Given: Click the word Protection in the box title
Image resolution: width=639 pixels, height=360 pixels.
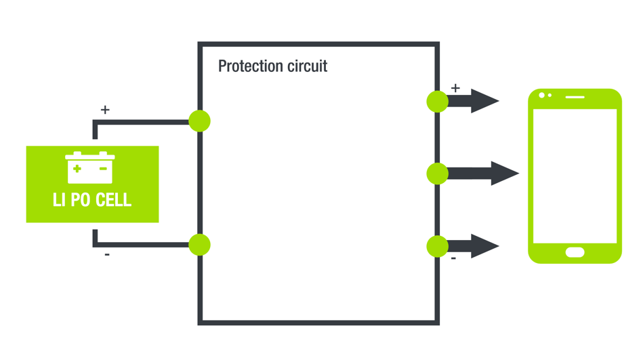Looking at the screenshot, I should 249,66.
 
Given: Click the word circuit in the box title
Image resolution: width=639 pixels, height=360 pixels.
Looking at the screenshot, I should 306,66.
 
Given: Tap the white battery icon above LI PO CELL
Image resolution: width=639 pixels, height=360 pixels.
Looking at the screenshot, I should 90,167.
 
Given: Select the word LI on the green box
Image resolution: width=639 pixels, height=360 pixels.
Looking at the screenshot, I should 59,201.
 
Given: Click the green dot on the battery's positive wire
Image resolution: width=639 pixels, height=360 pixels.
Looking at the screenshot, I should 199,121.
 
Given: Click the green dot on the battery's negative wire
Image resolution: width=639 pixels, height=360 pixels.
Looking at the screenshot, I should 199,245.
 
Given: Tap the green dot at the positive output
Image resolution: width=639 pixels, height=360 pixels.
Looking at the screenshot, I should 438,102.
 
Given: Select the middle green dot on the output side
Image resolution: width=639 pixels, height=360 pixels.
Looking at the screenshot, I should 438,174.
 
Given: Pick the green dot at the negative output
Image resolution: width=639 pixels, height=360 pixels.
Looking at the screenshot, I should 438,246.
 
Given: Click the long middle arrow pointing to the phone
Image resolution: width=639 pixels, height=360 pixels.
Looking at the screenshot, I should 485,174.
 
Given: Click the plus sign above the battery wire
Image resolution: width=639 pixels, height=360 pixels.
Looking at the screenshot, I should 105,109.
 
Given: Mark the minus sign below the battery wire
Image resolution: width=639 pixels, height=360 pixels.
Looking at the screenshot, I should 107,255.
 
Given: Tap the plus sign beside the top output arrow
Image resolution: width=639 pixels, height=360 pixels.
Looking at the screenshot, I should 455,88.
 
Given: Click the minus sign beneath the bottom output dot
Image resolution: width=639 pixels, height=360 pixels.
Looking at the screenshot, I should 453,258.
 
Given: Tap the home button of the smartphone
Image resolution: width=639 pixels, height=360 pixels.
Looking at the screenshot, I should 575,253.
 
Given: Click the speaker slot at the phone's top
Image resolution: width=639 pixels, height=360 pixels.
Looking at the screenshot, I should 575,97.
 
